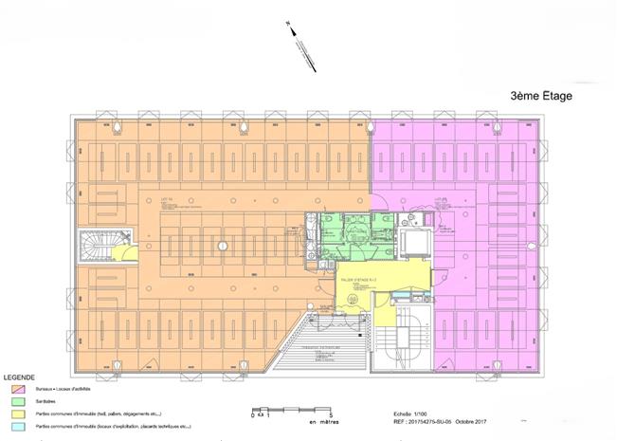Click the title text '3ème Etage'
[542, 96]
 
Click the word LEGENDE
[21, 377]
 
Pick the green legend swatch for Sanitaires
[17, 401]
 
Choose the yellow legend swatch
[17, 414]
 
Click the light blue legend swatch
[17, 428]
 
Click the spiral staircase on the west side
[96, 248]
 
